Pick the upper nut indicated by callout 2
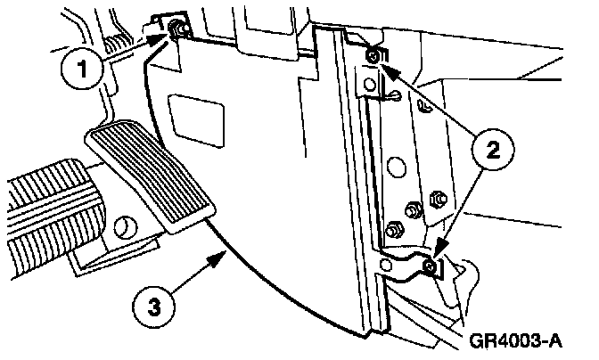(x=373, y=60)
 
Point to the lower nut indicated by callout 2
(x=431, y=265)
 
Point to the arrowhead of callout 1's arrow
(x=166, y=37)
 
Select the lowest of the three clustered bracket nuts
(x=392, y=233)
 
